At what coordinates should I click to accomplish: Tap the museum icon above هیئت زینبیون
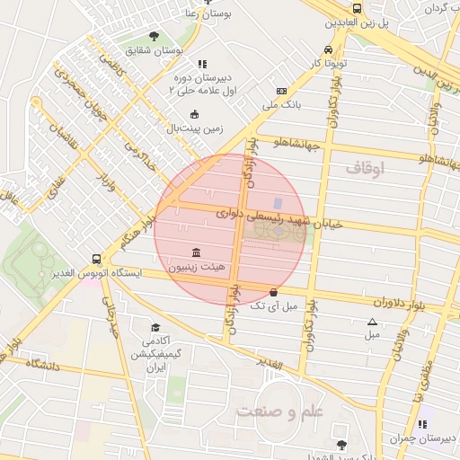click(196, 252)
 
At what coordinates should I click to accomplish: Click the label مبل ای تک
click(272, 306)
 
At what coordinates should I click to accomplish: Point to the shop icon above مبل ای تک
click(273, 292)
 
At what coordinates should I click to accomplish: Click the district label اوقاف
click(365, 168)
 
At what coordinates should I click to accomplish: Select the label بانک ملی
click(283, 106)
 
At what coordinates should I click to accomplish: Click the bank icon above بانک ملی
click(282, 92)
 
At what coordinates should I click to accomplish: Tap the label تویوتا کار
click(329, 65)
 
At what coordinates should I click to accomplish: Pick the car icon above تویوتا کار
click(329, 50)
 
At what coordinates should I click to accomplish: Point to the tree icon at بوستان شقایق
click(154, 37)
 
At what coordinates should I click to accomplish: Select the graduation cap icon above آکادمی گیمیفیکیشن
click(155, 328)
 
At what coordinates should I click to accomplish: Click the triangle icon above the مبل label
click(372, 322)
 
